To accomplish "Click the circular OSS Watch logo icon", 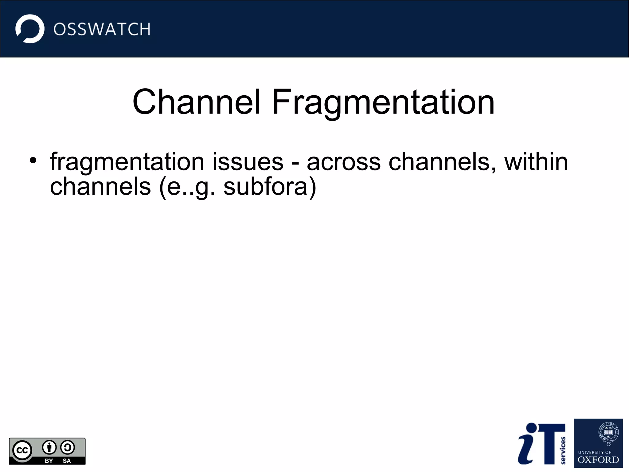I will tap(30, 29).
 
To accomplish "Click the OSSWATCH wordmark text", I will tap(102, 30).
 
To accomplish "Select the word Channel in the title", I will tap(197, 102).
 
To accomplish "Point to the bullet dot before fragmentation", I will tap(33, 161).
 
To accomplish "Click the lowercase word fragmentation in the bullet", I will tap(127, 162).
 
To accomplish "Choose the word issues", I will tap(248, 162).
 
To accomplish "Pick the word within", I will tap(536, 162).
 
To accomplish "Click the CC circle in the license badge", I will tap(22, 450).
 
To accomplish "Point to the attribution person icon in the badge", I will tap(49, 448).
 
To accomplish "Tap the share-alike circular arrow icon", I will tap(67, 448).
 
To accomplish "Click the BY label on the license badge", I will tap(49, 461).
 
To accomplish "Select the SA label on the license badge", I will tap(67, 461).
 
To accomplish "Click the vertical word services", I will tap(563, 450).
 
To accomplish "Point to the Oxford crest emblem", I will tap(608, 434).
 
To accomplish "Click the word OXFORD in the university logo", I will tap(598, 460).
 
